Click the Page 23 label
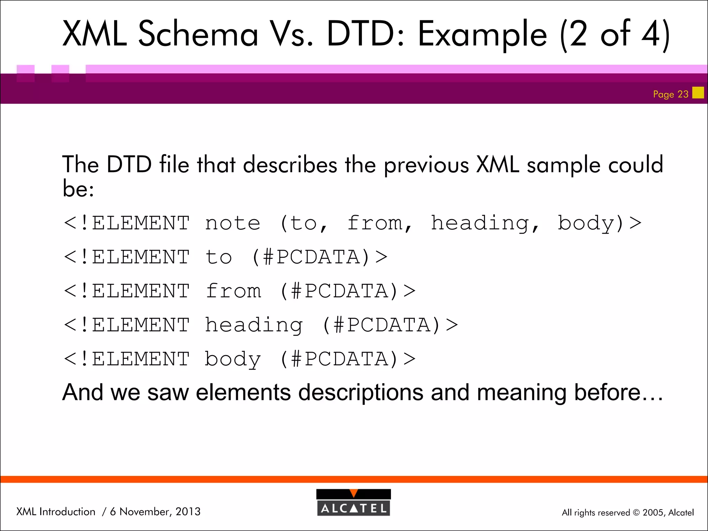[670, 94]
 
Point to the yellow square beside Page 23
[698, 93]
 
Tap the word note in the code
[232, 223]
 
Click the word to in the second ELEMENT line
[218, 257]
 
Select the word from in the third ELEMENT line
[233, 291]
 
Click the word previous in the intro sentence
[427, 165]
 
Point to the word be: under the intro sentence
[78, 189]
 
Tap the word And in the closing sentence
[83, 393]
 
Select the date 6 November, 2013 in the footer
[155, 512]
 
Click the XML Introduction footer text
[56, 512]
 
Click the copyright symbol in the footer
[636, 513]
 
